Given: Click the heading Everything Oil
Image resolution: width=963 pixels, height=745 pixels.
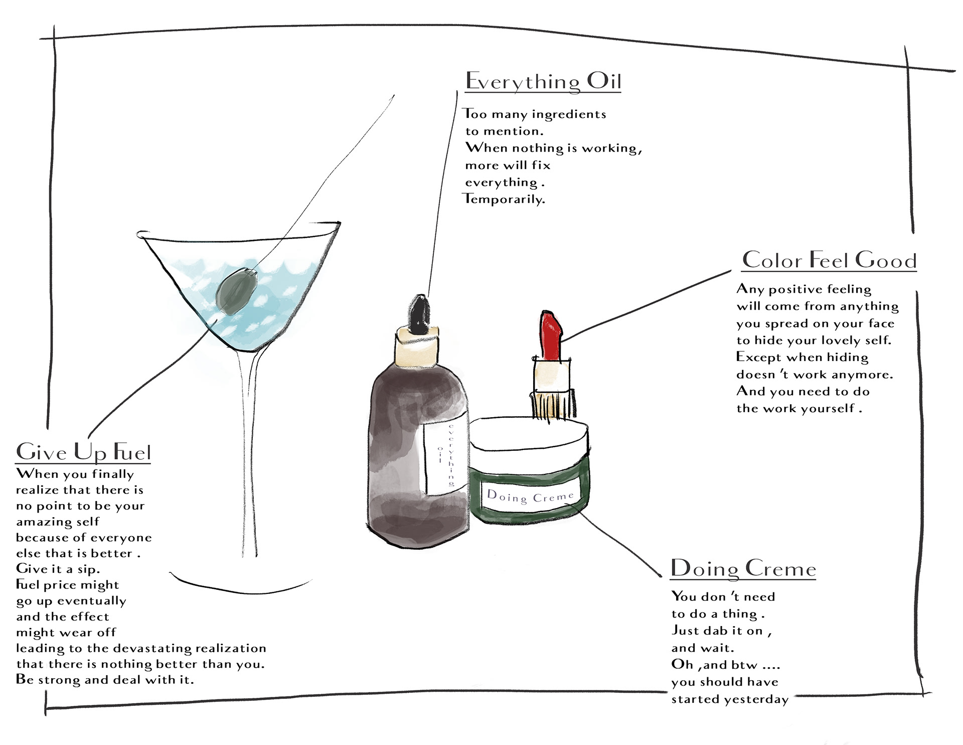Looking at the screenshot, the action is pos(543,81).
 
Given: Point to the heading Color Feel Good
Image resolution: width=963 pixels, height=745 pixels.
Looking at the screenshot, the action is pos(829,260).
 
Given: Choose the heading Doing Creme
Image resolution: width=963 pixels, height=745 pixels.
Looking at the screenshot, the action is pos(743,568).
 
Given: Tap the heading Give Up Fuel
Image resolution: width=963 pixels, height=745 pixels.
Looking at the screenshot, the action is pos(83,452).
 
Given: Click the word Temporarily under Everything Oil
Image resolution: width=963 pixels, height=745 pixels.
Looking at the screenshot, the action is pos(504,199).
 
